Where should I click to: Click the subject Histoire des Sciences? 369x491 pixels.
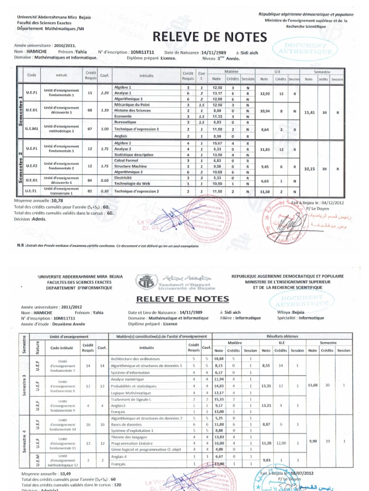[130, 110]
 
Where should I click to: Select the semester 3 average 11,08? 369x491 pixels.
[312, 385]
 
